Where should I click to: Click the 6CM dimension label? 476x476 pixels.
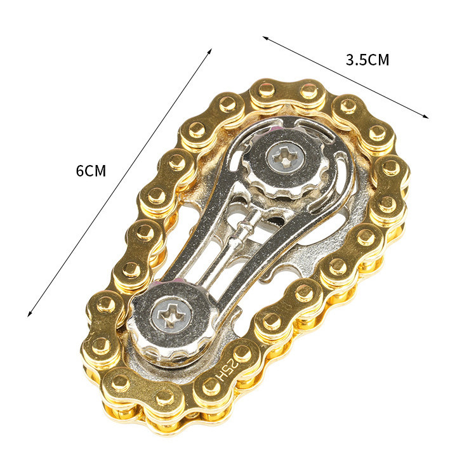(x=91, y=171)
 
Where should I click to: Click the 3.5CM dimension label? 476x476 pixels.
(x=367, y=60)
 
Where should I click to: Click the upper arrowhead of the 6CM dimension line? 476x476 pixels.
(x=209, y=51)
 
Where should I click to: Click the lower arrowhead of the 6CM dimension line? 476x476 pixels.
(x=29, y=314)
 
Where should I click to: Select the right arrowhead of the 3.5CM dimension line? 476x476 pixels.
(x=426, y=116)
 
